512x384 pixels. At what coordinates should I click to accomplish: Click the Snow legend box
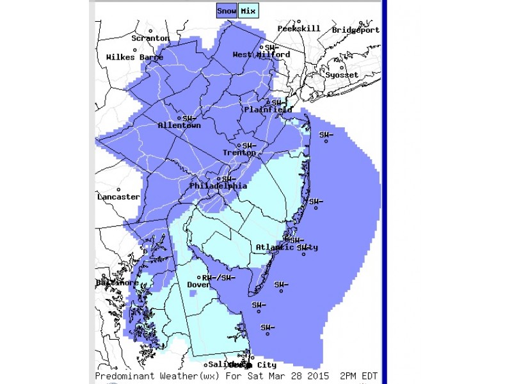227,11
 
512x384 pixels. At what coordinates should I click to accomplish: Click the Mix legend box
248,11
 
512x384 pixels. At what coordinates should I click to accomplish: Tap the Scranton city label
150,38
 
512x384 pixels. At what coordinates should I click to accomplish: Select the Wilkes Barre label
134,58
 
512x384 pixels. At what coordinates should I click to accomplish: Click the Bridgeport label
355,30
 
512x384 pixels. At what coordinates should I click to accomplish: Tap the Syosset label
342,75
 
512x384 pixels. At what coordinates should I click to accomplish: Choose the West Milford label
260,55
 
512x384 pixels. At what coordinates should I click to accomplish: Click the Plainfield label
268,110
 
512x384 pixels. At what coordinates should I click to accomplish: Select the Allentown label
179,126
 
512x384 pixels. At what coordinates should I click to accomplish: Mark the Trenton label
239,153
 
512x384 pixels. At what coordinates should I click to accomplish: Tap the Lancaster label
118,197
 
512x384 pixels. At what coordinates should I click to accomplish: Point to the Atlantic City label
286,248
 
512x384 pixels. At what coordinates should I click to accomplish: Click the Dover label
198,285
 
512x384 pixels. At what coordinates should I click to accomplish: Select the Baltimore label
117,283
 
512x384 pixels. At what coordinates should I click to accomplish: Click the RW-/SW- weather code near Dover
219,278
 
